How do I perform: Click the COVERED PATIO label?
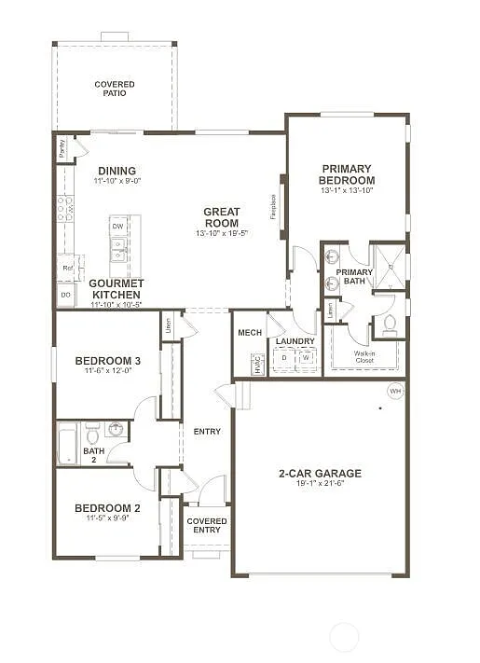[114, 89]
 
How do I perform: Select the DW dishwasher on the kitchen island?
[117, 227]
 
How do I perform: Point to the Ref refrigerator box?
[67, 268]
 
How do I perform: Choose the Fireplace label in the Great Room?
[273, 206]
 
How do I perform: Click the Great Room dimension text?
[222, 234]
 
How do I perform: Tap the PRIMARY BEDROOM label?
[347, 174]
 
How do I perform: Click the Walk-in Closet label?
[364, 356]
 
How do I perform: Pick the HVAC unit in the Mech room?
[258, 365]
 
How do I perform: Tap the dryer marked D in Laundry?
[284, 357]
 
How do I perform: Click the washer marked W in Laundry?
[304, 357]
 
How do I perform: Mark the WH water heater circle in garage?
[395, 391]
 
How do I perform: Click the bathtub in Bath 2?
[68, 444]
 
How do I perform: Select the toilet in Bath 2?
[92, 435]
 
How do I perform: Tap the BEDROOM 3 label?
[108, 361]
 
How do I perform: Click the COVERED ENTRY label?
[207, 526]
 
